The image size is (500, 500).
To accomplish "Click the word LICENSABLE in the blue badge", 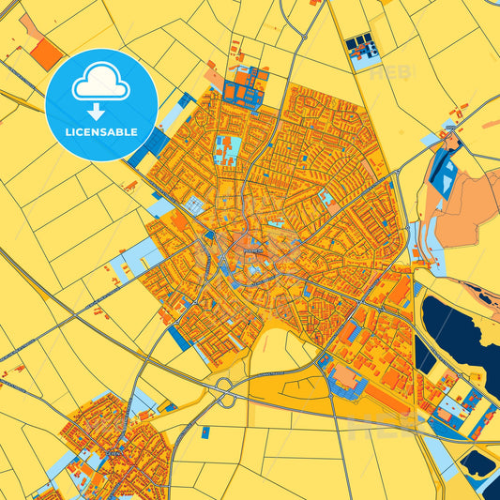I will (x=102, y=132).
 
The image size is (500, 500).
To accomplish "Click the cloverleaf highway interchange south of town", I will (x=226, y=393).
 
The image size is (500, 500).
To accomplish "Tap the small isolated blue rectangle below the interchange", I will (x=205, y=432).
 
